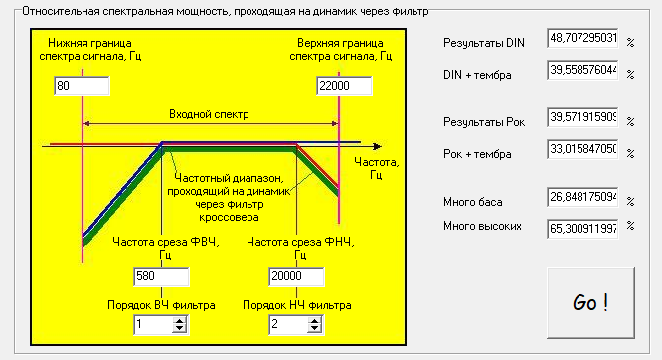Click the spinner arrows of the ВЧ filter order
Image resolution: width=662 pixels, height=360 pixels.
179,324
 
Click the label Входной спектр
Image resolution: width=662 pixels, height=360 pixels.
209,114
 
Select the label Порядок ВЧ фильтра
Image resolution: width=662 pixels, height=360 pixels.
161,304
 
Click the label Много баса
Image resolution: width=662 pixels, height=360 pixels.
473,203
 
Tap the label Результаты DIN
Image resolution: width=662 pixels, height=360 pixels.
483,43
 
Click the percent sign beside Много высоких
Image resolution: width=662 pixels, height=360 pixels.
629,229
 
